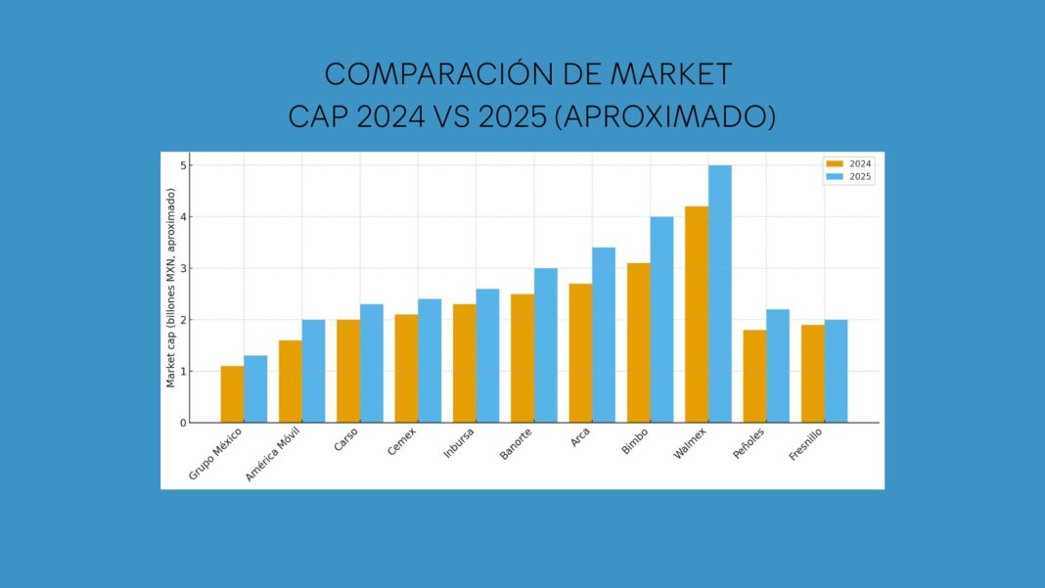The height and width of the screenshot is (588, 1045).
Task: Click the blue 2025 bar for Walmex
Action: [719, 294]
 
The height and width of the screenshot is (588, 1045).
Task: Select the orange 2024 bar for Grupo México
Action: [232, 394]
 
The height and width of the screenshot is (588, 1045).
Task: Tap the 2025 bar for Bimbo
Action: [661, 320]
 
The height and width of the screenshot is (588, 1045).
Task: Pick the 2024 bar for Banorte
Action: [522, 358]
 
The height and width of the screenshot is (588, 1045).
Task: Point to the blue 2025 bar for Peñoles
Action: [778, 366]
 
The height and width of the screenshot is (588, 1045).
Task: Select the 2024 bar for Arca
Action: [580, 353]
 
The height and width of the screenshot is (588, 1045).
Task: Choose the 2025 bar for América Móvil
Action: [313, 371]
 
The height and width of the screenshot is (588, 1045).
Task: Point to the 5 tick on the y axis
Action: [182, 165]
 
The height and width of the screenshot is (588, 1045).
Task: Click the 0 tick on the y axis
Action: [182, 423]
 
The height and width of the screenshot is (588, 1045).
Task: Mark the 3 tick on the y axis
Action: [182, 268]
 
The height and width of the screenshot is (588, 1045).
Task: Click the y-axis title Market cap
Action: [171, 289]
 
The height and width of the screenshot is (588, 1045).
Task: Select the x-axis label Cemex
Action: [401, 443]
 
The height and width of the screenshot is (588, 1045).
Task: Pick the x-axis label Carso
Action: [344, 443]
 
